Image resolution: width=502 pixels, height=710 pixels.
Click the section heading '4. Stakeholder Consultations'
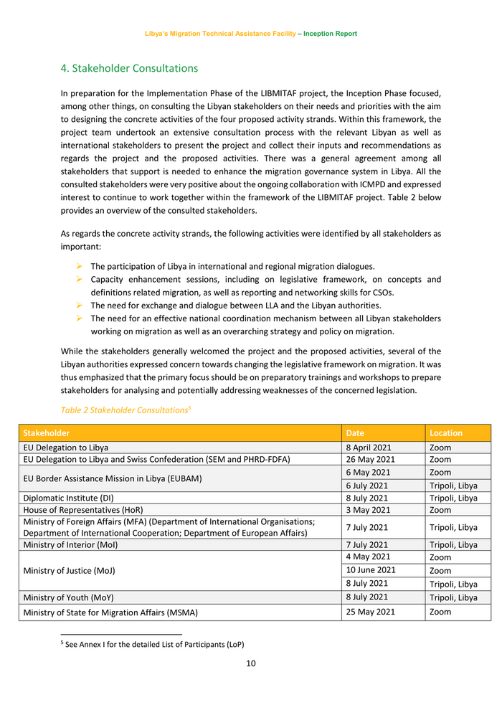129,69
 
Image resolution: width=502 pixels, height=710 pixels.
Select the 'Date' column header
355,433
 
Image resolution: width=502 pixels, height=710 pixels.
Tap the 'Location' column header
446,433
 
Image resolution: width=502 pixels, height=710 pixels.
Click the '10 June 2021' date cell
371,570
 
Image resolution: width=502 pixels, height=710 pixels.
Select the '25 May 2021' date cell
370,612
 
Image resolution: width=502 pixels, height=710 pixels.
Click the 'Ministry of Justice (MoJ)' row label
69,571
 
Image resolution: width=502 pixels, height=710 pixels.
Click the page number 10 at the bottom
251,663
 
